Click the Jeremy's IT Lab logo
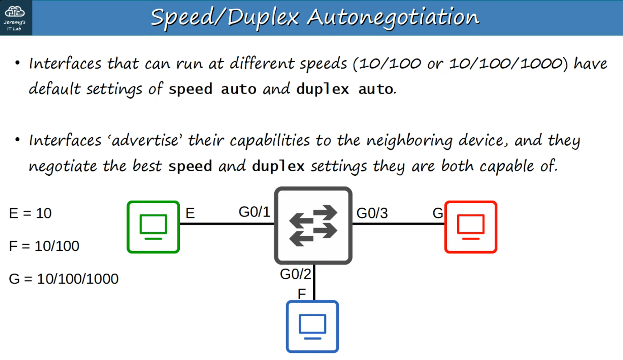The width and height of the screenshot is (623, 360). click(15, 17)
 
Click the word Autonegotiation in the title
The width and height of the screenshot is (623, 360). click(393, 17)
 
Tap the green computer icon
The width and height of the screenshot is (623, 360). click(153, 227)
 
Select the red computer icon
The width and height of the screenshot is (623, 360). click(471, 227)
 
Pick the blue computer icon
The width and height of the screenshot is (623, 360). click(312, 326)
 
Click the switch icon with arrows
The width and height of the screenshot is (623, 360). click(313, 225)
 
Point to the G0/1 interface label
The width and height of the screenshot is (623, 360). click(254, 212)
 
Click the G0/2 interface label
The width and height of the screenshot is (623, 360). click(295, 274)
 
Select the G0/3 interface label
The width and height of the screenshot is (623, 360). click(372, 213)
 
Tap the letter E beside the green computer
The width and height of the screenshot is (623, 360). click(190, 213)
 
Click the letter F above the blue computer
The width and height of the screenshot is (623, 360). click(302, 294)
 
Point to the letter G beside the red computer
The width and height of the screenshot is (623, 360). click(438, 213)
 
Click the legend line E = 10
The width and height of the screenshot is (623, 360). click(30, 213)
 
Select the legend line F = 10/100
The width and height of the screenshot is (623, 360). click(44, 246)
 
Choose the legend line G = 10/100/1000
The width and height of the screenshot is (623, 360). click(64, 279)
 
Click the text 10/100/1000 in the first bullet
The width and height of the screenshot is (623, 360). click(506, 64)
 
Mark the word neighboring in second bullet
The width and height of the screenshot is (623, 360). click(409, 140)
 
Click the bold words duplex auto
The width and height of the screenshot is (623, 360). click(345, 89)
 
